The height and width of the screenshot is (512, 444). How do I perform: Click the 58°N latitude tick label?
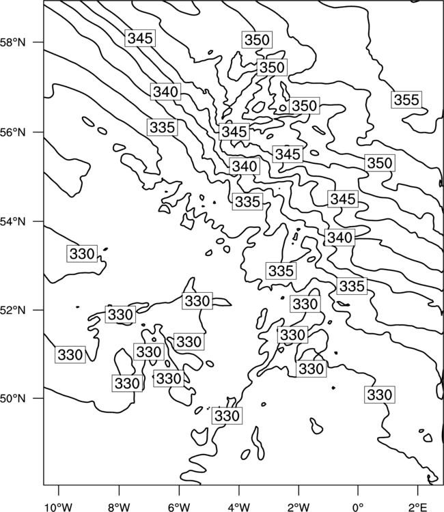(x=12, y=42)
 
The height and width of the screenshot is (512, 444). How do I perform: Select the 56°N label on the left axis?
(x=12, y=132)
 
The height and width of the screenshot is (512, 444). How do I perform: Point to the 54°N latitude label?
(x=12, y=222)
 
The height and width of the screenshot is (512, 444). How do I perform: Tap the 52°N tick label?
(x=12, y=310)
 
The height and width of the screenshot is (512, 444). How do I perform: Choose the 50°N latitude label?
(x=12, y=399)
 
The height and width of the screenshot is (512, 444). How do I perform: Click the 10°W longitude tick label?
(x=59, y=507)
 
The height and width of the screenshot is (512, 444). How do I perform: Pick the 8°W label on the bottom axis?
(x=119, y=507)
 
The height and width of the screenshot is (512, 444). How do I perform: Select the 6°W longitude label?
(x=179, y=507)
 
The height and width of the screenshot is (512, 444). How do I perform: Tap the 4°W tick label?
(x=238, y=507)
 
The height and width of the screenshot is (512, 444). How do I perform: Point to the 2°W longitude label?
(x=299, y=507)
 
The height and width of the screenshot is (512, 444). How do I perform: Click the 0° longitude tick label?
(x=358, y=507)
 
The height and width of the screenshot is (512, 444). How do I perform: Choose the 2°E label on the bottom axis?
(x=418, y=507)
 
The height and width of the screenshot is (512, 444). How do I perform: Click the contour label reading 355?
(x=406, y=100)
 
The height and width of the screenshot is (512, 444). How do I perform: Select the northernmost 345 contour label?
(x=140, y=38)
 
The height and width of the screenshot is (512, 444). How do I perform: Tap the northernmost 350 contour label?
(x=257, y=40)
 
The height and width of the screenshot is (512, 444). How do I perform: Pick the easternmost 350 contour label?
(x=380, y=163)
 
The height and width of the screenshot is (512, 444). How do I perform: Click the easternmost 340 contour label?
(x=339, y=238)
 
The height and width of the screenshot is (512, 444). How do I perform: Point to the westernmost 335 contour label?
(x=163, y=128)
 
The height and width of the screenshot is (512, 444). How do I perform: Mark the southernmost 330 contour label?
(x=227, y=416)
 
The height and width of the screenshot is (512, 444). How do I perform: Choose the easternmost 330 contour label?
(x=380, y=395)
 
